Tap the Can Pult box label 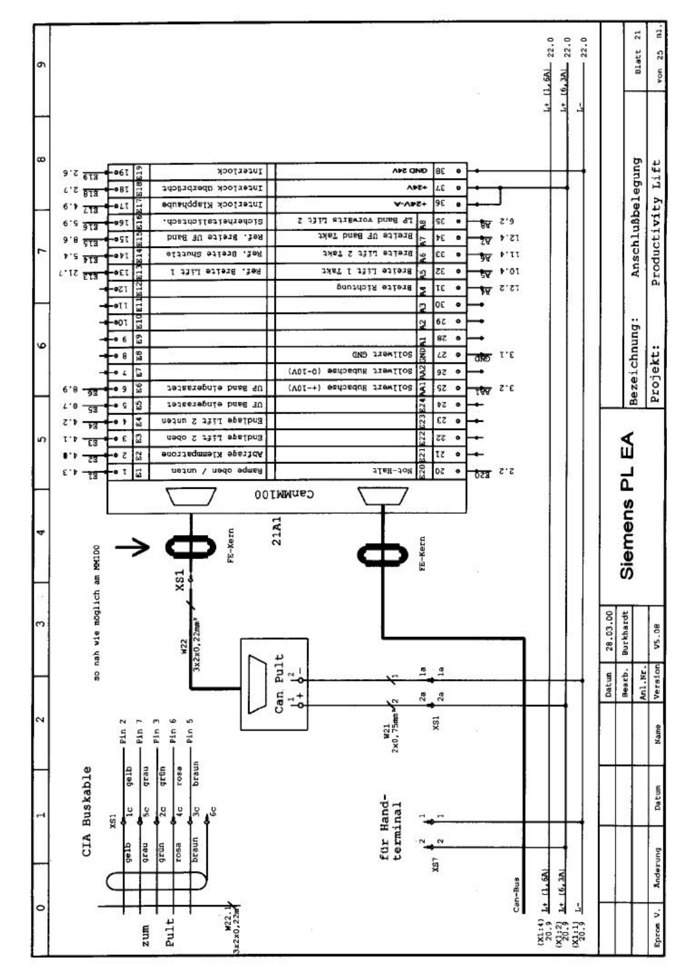point(279,685)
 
